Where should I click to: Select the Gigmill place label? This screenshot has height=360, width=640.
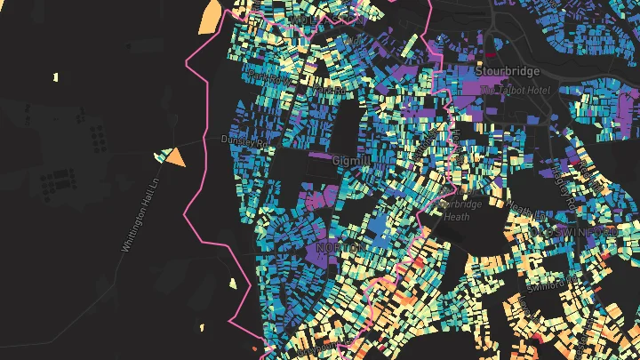point(349,161)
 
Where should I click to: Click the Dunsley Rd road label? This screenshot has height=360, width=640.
point(244,140)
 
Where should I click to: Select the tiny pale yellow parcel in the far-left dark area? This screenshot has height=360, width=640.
point(54,76)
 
